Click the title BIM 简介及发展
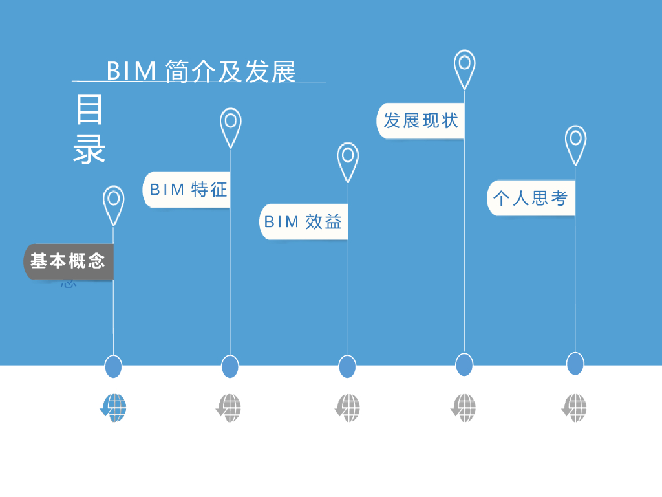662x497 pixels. click(200, 71)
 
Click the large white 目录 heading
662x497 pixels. click(89, 129)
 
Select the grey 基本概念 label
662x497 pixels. click(69, 261)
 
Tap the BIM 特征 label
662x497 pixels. click(188, 190)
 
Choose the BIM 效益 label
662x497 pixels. click(303, 222)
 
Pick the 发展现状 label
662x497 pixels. click(420, 120)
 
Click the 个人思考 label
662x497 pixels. click(530, 198)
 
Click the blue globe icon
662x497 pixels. click(114, 408)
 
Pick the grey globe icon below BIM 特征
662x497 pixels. click(229, 408)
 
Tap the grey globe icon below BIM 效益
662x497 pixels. click(348, 408)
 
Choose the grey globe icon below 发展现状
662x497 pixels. click(464, 408)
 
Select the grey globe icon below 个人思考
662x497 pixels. click(575, 408)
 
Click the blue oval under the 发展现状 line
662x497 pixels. click(464, 364)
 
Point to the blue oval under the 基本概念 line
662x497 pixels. click(114, 366)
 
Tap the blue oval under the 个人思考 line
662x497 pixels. click(575, 364)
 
